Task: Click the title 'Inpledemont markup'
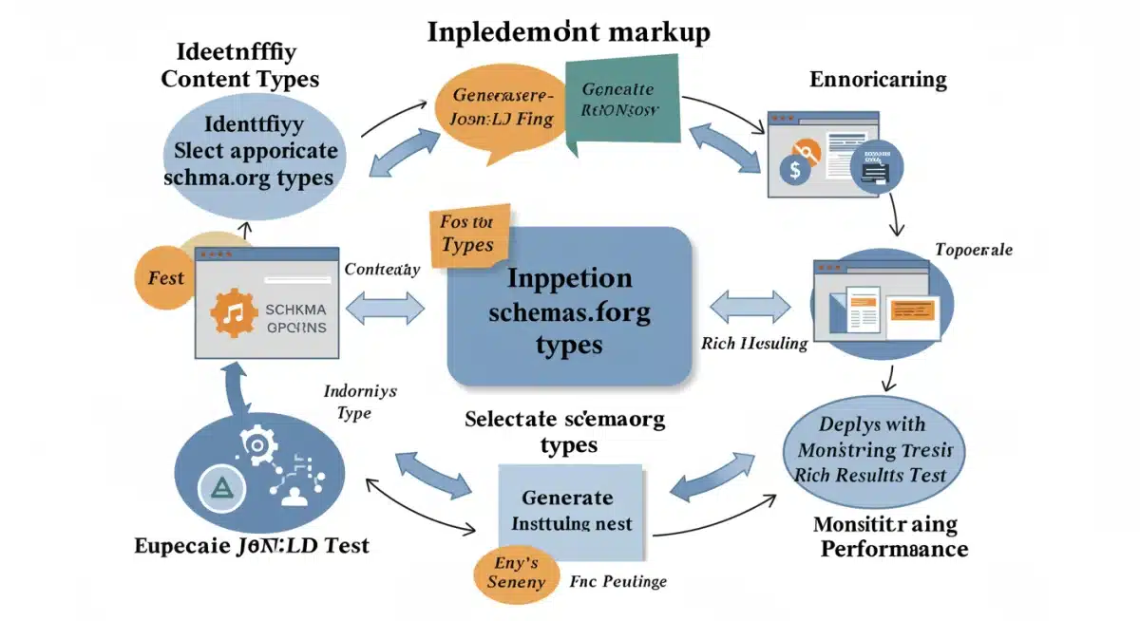(x=568, y=31)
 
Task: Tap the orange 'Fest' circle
(x=165, y=278)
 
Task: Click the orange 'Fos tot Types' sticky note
(x=467, y=235)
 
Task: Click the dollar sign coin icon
(x=792, y=171)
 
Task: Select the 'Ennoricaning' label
(x=878, y=79)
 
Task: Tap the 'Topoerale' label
(x=973, y=250)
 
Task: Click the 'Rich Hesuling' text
(x=753, y=343)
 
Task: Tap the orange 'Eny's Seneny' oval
(x=516, y=573)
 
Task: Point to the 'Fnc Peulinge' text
(x=619, y=581)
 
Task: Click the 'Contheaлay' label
(x=382, y=270)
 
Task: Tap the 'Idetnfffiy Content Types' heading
(x=239, y=65)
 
